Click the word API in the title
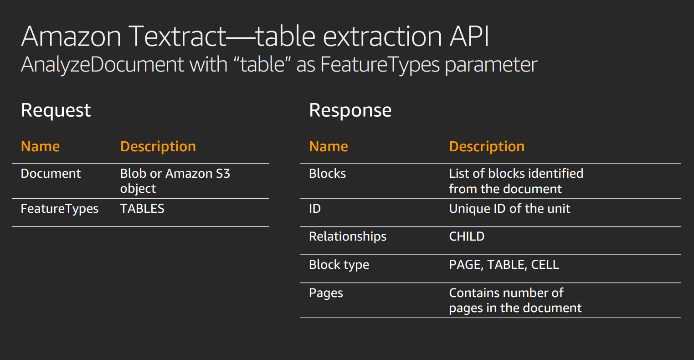469,36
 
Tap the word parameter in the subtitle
491,65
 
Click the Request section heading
56,111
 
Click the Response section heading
350,111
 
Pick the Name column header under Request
40,147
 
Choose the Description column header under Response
487,147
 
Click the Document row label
51,174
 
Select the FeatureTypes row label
60,209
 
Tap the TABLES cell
142,209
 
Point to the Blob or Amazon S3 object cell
175,181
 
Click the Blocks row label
328,174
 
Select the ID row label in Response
315,209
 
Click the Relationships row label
348,237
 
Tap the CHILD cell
467,237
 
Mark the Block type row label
339,265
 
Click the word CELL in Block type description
545,265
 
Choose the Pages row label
326,293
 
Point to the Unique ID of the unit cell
509,209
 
